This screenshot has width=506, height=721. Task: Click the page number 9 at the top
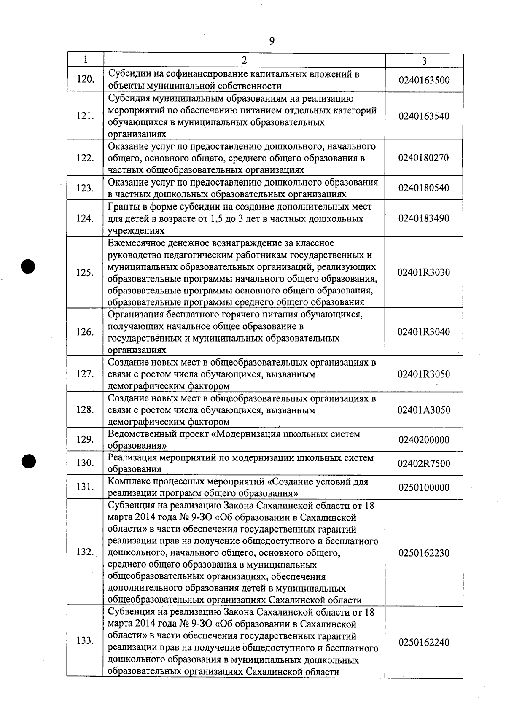pyautogui.click(x=272, y=41)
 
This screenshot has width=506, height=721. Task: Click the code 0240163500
pyautogui.click(x=424, y=80)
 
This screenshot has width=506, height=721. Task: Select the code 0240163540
pyautogui.click(x=424, y=116)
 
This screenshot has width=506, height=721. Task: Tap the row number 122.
pyautogui.click(x=85, y=158)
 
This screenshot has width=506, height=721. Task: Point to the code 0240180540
pyautogui.click(x=424, y=188)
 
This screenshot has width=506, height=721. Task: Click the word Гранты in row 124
pyautogui.click(x=122, y=207)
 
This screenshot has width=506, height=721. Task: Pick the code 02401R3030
pyautogui.click(x=424, y=272)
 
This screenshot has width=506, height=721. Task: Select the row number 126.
pyautogui.click(x=85, y=332)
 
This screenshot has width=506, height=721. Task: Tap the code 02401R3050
pyautogui.click(x=424, y=374)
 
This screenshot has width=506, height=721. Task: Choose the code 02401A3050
pyautogui.click(x=424, y=410)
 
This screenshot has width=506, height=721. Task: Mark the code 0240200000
pyautogui.click(x=424, y=440)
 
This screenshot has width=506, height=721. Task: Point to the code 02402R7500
pyautogui.click(x=424, y=464)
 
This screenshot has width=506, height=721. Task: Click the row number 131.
pyautogui.click(x=85, y=487)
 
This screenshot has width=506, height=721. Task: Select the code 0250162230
pyautogui.click(x=424, y=553)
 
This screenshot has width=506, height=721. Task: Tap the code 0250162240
pyautogui.click(x=424, y=643)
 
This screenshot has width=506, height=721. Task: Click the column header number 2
pyautogui.click(x=244, y=60)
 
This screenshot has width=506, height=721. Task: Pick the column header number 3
pyautogui.click(x=424, y=61)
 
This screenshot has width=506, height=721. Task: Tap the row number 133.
pyautogui.click(x=85, y=641)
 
